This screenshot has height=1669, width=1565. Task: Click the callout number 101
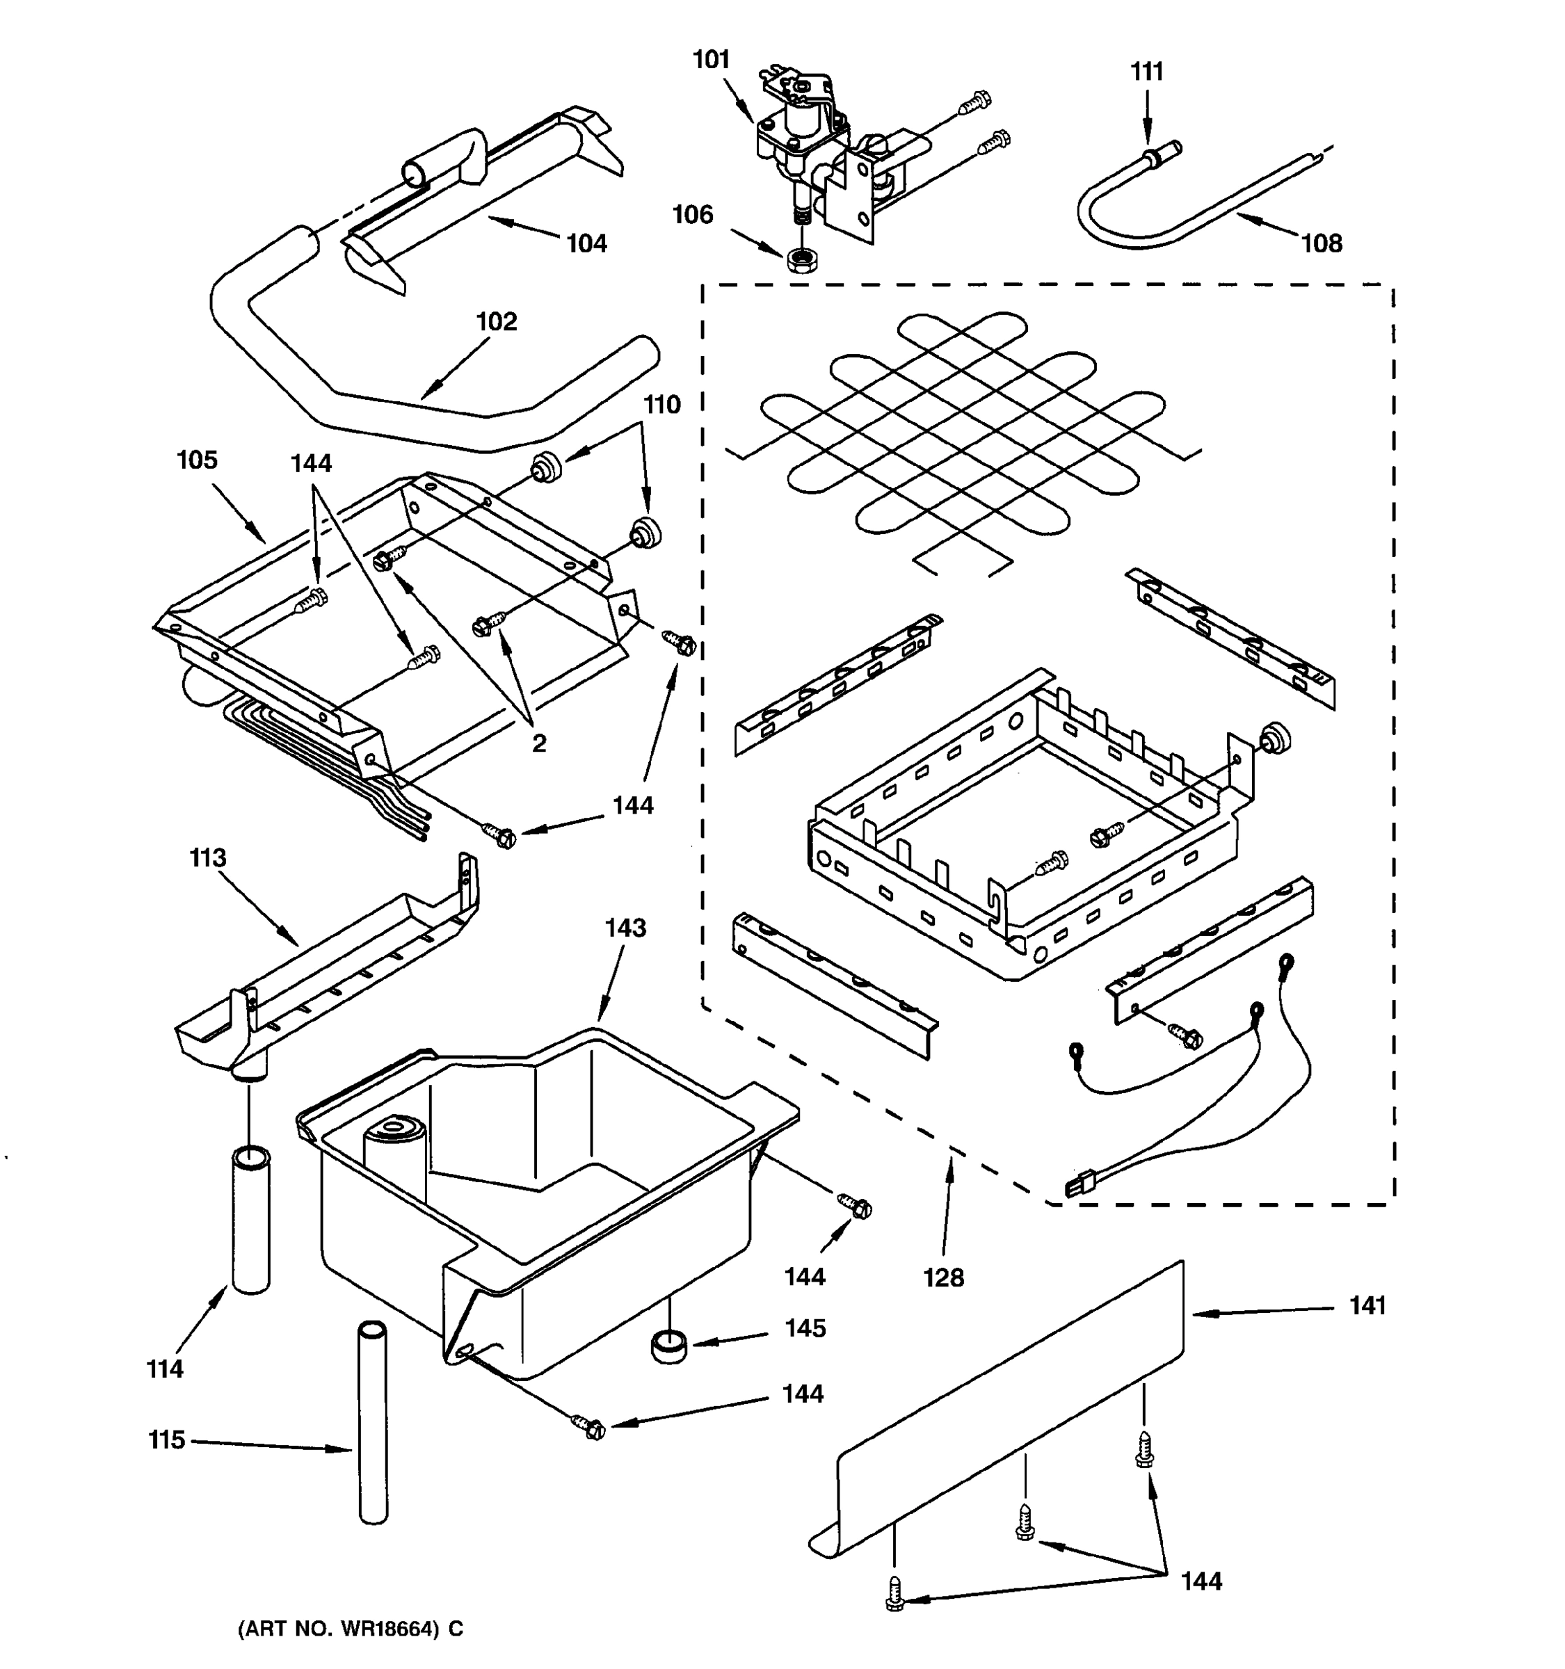click(x=710, y=61)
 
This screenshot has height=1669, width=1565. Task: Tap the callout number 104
click(x=586, y=244)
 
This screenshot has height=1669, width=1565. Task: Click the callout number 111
click(x=1147, y=73)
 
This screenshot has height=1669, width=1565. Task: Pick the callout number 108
click(x=1322, y=244)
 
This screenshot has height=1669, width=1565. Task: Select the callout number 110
click(x=661, y=405)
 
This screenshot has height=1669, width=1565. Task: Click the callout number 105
click(x=196, y=460)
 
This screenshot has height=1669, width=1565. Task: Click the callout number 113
click(x=207, y=858)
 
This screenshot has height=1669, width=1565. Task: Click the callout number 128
click(x=943, y=1277)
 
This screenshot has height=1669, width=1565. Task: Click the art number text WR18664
click(x=389, y=1629)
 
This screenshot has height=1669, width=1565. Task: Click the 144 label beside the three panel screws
click(x=1201, y=1581)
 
